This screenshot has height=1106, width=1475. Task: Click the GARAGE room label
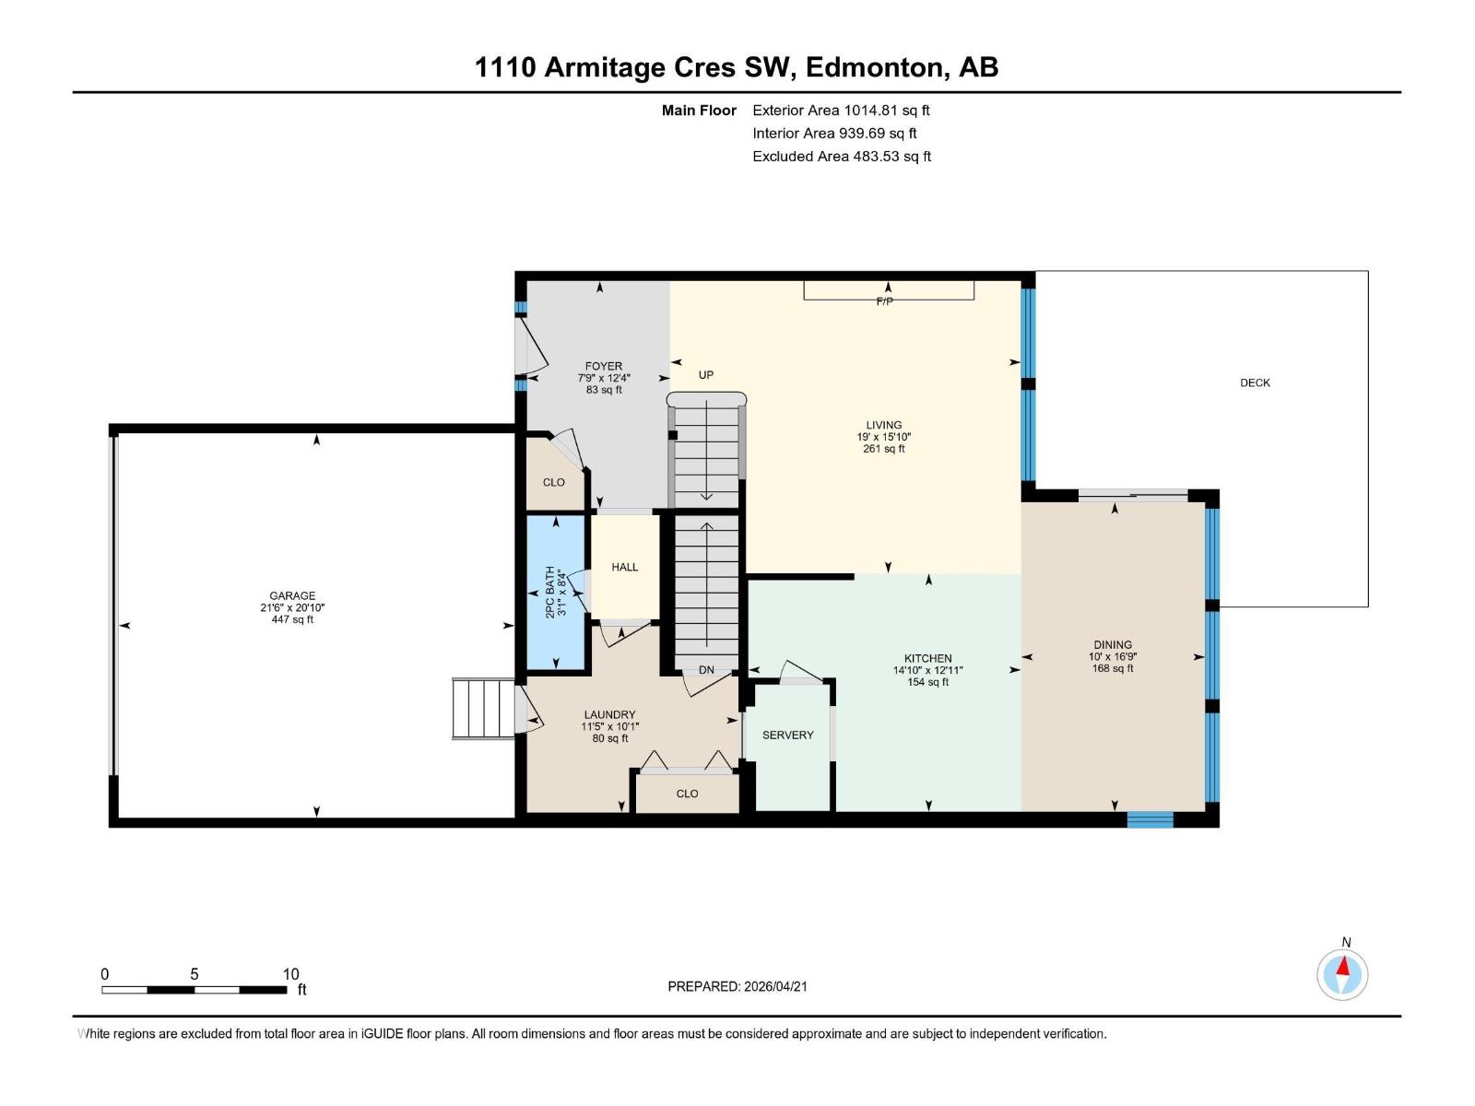pyautogui.click(x=292, y=595)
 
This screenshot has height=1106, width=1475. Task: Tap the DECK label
pyautogui.click(x=1255, y=382)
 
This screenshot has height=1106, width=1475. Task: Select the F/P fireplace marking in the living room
pyautogui.click(x=884, y=301)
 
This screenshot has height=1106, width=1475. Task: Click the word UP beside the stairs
pyautogui.click(x=706, y=375)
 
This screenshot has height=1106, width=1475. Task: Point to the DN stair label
pyautogui.click(x=706, y=670)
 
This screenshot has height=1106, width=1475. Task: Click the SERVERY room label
pyautogui.click(x=787, y=735)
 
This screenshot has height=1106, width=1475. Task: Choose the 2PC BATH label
pyautogui.click(x=550, y=591)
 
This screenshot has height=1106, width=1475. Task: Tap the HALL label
pyautogui.click(x=624, y=567)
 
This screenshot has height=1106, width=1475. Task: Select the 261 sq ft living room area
pyautogui.click(x=883, y=449)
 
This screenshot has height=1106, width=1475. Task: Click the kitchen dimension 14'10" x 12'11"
pyautogui.click(x=927, y=670)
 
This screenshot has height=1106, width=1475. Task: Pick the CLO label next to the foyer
pyautogui.click(x=553, y=482)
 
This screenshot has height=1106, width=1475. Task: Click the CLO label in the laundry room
pyautogui.click(x=687, y=794)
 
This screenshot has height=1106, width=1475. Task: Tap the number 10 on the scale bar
pyautogui.click(x=290, y=974)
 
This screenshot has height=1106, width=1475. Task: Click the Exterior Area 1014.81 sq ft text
pyautogui.click(x=841, y=110)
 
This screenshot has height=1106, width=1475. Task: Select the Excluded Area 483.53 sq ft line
pyautogui.click(x=841, y=156)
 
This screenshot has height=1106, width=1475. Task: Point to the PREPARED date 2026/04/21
pyautogui.click(x=737, y=986)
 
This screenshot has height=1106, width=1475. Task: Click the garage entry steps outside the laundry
pyautogui.click(x=482, y=709)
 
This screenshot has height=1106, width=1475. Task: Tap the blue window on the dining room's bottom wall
pyautogui.click(x=1150, y=819)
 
